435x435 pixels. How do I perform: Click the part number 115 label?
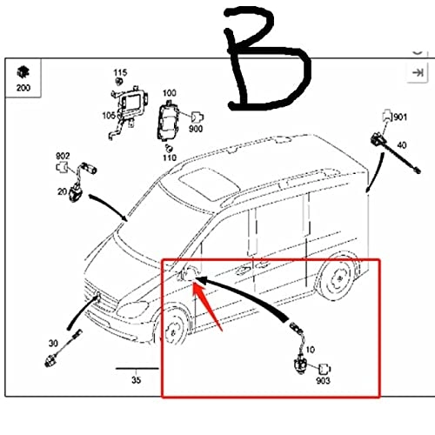coord(120,72)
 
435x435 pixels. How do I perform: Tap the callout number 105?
coord(109,116)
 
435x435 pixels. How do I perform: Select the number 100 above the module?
coord(170,93)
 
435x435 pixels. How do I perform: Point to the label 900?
coord(196,129)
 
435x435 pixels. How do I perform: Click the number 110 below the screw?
coord(170,157)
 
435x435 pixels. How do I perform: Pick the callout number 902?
coord(63,156)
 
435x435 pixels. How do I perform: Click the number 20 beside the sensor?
coord(63,191)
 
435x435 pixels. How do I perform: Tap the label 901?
coord(400,117)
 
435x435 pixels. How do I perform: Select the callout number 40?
coord(402,144)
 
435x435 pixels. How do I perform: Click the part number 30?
coord(53,344)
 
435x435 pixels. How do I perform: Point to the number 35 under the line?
coord(136,379)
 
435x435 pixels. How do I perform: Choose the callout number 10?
coord(311,350)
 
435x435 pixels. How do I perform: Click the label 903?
coord(323,380)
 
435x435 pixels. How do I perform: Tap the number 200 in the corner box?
coord(23,88)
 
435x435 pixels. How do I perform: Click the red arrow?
coord(206,305)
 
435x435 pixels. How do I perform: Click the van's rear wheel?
coord(338,278)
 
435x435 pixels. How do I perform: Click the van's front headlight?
coord(132,309)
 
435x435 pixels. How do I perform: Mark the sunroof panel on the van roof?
coord(209,182)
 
